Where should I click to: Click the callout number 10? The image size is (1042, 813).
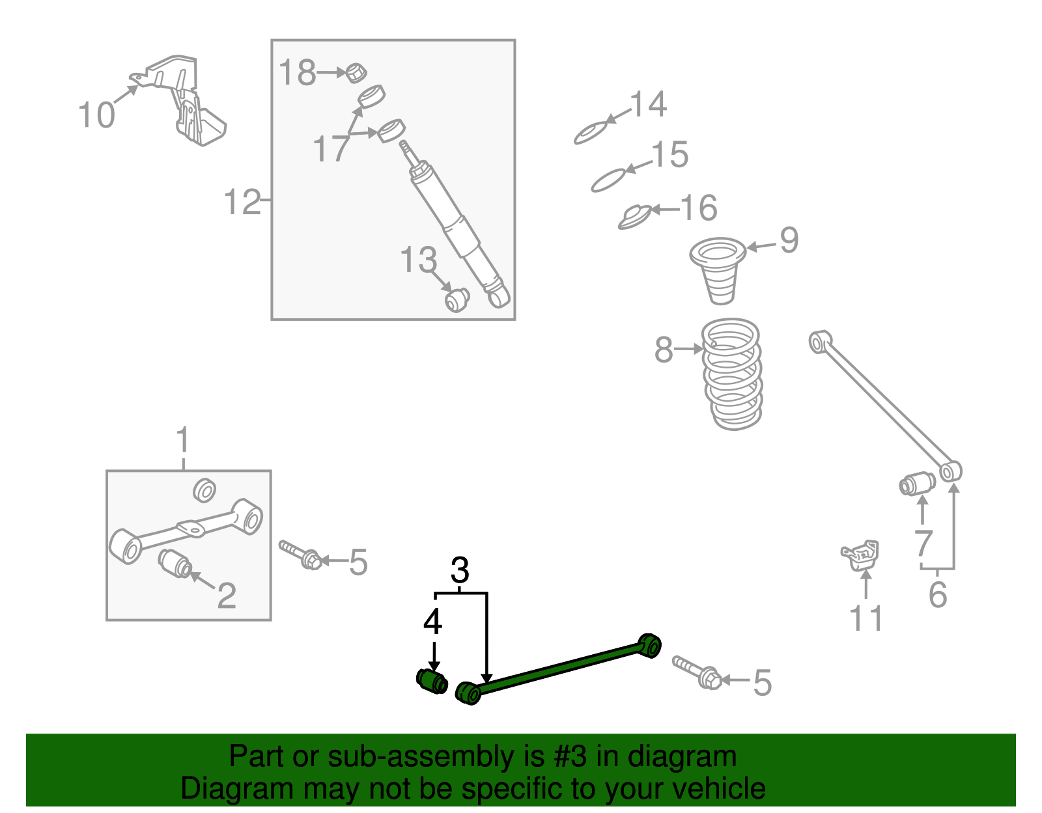pos(96,115)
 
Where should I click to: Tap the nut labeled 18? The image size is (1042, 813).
pos(354,72)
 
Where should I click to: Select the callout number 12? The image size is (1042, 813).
pos(242,202)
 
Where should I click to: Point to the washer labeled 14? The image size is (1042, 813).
pos(591,133)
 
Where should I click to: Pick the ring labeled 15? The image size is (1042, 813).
pos(608,179)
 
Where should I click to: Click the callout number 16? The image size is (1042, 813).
pos(699,208)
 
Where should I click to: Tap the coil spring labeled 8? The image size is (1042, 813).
pos(733,374)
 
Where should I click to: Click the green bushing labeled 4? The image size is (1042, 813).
pos(432,681)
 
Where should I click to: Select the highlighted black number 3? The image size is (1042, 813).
pos(460,571)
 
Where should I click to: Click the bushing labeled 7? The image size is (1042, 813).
pos(917,484)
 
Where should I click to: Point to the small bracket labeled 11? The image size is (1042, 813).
pos(861,555)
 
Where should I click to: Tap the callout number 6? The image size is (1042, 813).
pos(938,595)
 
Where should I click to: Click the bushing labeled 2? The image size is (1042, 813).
pos(175,562)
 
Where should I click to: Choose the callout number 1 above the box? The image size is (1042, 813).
pos(184,441)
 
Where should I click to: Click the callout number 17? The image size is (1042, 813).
pos(331,149)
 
